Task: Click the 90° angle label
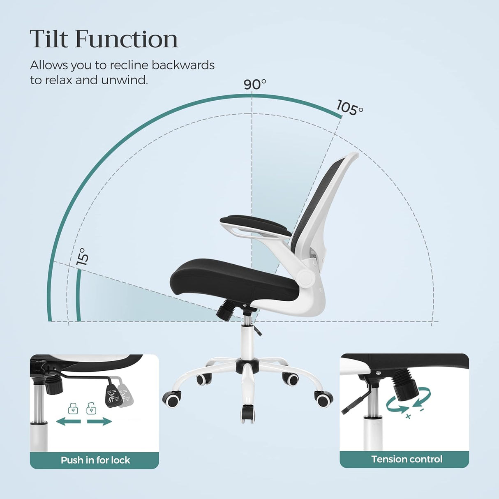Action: point(255,84)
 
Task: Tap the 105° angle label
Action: point(350,108)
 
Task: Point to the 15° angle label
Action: point(82,256)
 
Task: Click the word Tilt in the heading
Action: point(49,39)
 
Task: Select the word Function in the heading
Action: point(127,39)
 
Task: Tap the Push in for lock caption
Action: point(95,460)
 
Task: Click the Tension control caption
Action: point(407,459)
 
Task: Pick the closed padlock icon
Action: point(73,409)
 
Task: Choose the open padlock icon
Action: point(91,409)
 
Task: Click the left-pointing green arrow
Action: point(68,421)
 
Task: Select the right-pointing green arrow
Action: point(99,421)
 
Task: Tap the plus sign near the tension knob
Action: point(408,417)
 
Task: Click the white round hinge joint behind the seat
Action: point(306,278)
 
